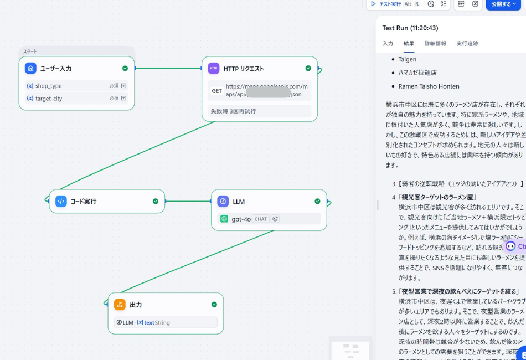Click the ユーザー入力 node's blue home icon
pos(30,68)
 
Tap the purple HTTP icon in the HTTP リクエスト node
pos(213,68)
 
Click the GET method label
pos(217,91)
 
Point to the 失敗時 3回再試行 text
pos(233,111)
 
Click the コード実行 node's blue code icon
pos(61,202)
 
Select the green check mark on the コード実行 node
pos(156,202)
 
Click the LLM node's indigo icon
pos(223,202)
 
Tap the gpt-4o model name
pos(241,219)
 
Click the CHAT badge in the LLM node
pos(261,219)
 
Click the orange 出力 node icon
pos(120,305)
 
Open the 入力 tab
pos(388,43)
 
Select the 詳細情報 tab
pos(435,43)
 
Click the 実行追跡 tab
pos(467,43)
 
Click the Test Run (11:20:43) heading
pos(410,28)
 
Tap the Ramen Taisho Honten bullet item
pos(429,86)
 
